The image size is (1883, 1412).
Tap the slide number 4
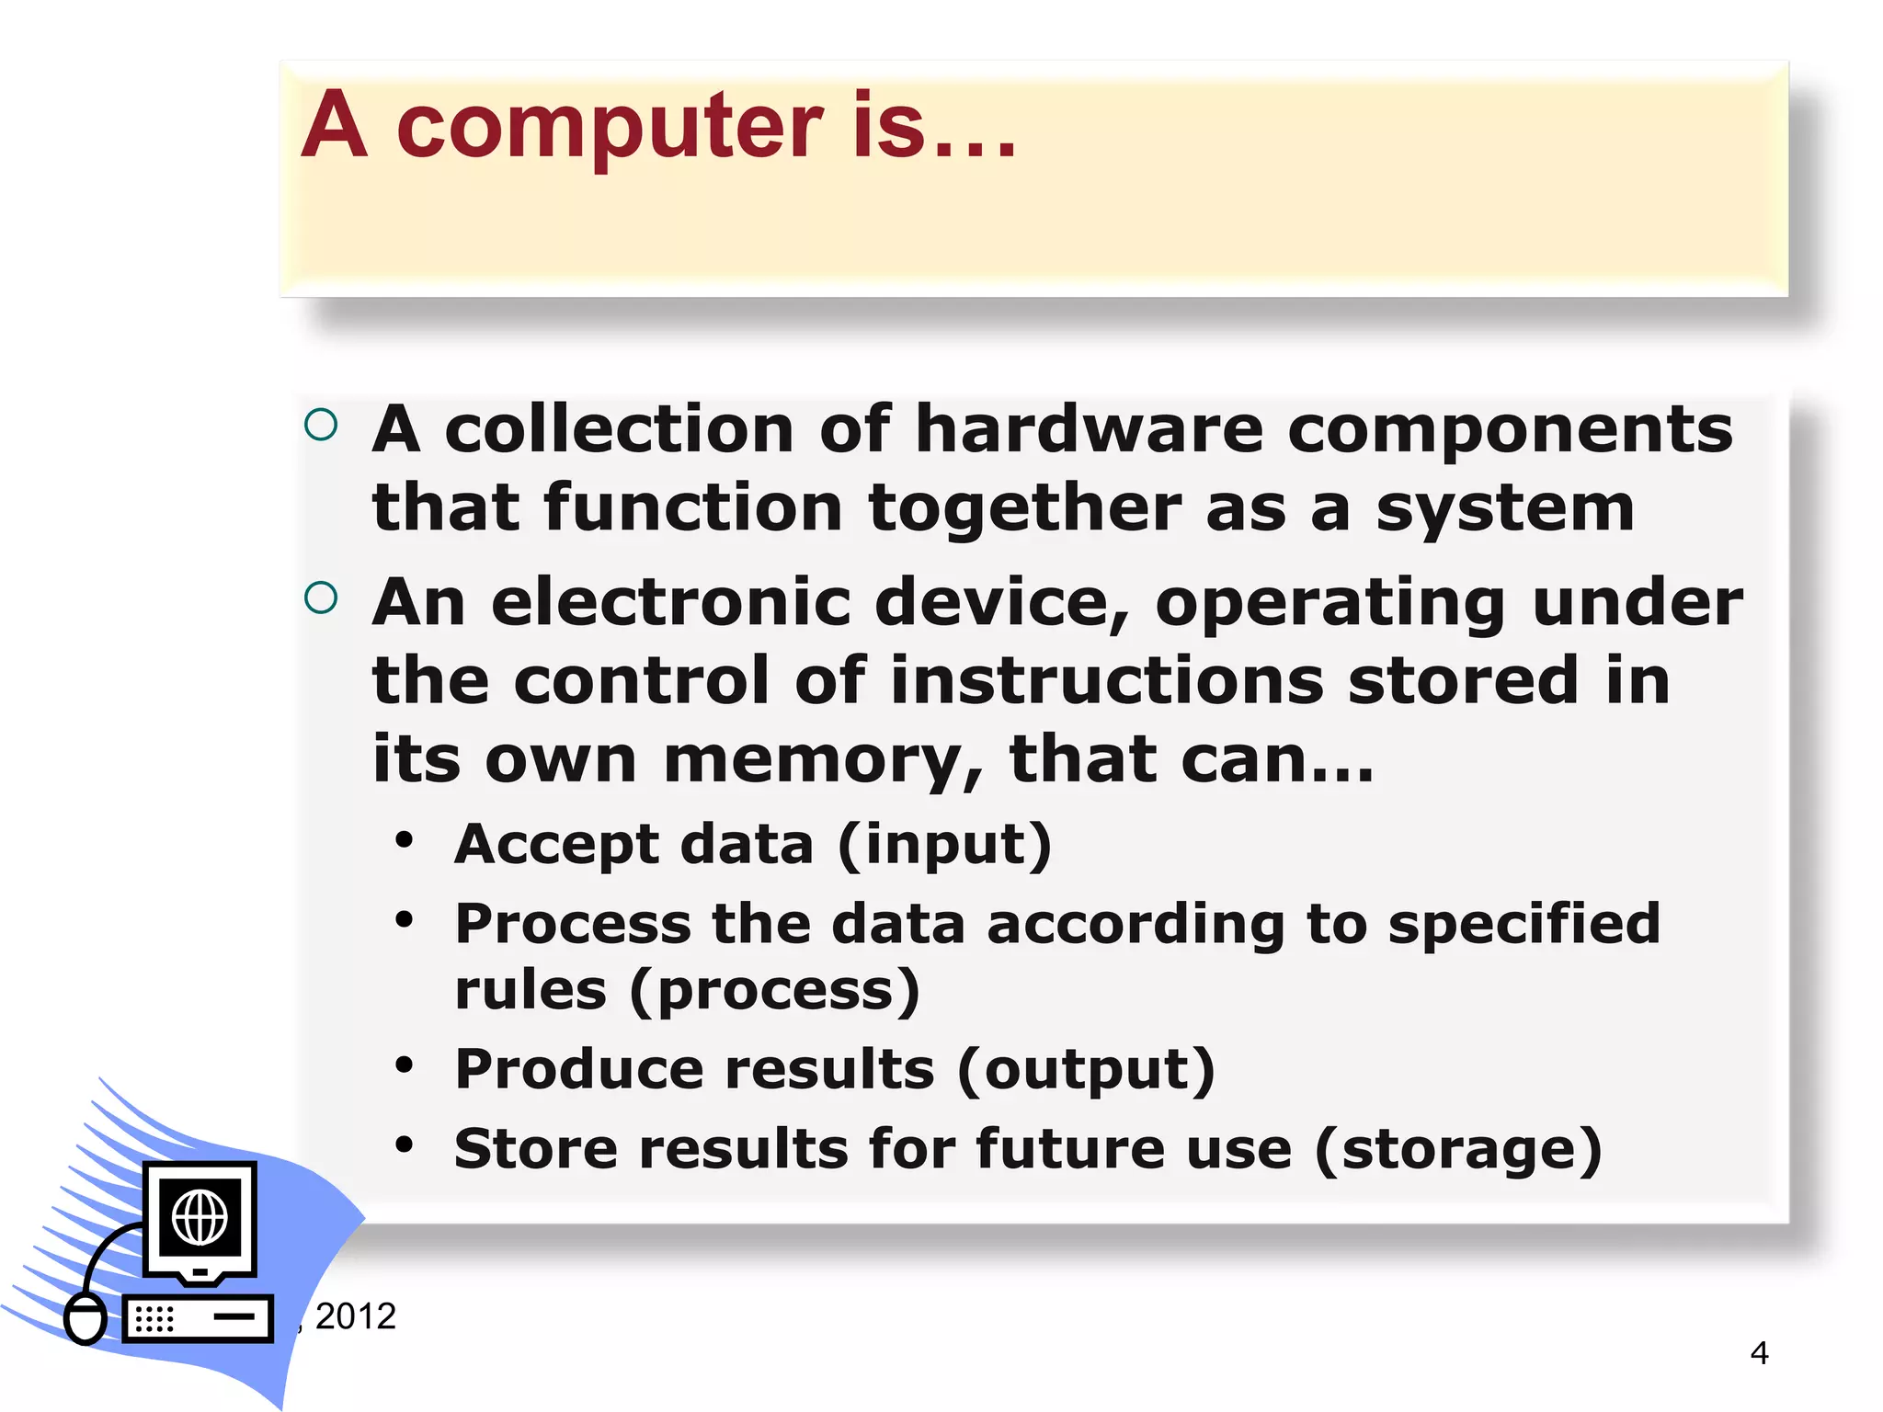(1759, 1353)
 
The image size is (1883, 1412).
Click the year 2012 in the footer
(355, 1316)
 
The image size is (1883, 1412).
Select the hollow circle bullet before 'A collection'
(321, 425)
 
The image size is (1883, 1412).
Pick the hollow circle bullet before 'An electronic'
(321, 598)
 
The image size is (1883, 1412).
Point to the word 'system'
(1505, 508)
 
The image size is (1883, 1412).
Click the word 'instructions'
(1107, 681)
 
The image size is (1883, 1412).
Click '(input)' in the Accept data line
(945, 845)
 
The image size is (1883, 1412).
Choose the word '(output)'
(1086, 1071)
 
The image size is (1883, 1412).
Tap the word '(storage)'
(1458, 1150)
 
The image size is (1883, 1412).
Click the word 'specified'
(1524, 924)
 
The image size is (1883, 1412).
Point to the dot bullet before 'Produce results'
(405, 1065)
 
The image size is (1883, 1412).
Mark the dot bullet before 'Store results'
(405, 1145)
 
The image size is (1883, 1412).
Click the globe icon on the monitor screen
(200, 1217)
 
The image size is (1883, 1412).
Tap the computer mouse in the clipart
(86, 1318)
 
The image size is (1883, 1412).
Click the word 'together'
(1024, 508)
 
